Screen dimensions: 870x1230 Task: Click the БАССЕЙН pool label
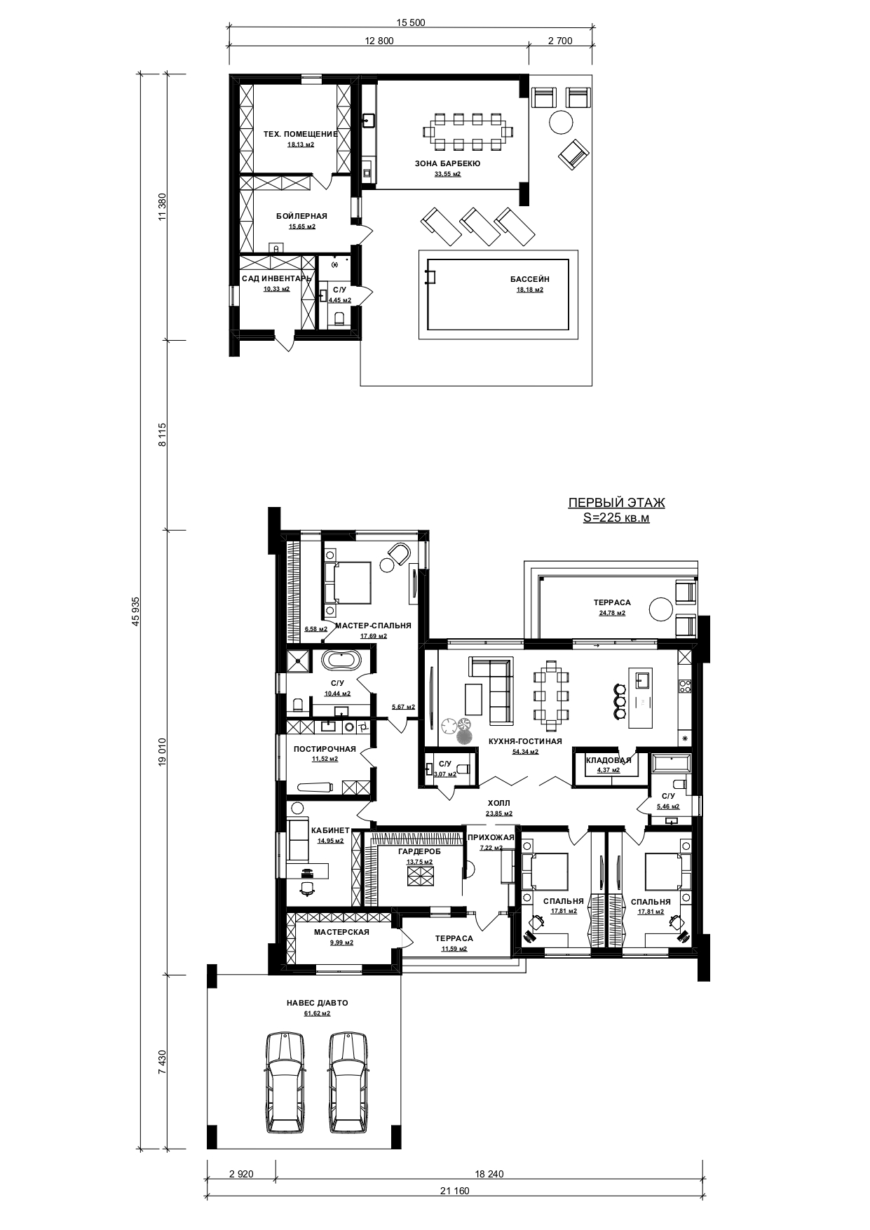[529, 279]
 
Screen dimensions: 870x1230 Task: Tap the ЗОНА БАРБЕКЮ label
[447, 163]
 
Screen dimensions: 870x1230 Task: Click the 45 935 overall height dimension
[137, 610]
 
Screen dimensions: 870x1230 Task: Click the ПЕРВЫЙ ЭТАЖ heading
[616, 503]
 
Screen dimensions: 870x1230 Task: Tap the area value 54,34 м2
[525, 752]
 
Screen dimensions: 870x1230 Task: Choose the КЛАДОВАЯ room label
[609, 760]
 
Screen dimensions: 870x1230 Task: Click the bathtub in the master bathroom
[341, 661]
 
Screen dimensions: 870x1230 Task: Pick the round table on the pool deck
[560, 122]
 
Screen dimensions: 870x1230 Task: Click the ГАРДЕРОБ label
[419, 851]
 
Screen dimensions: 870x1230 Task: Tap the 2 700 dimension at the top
[559, 41]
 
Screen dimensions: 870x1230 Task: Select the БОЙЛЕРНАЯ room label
[301, 216]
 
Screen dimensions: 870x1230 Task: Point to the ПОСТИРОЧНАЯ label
[325, 749]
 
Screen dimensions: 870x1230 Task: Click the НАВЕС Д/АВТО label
[317, 1003]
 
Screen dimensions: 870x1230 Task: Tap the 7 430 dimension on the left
[163, 1062]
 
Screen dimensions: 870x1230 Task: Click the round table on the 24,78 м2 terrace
[660, 608]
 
